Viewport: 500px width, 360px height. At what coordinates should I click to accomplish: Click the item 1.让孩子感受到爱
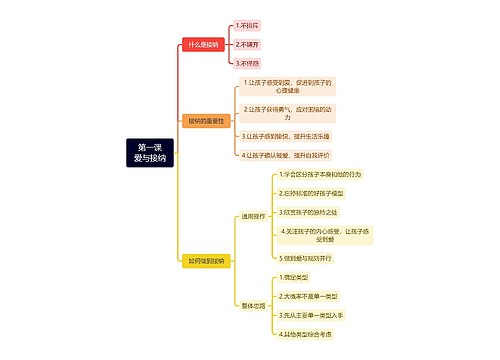point(288,86)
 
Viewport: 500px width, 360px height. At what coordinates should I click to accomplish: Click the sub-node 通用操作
point(253,215)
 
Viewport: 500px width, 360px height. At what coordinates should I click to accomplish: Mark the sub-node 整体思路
point(253,305)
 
